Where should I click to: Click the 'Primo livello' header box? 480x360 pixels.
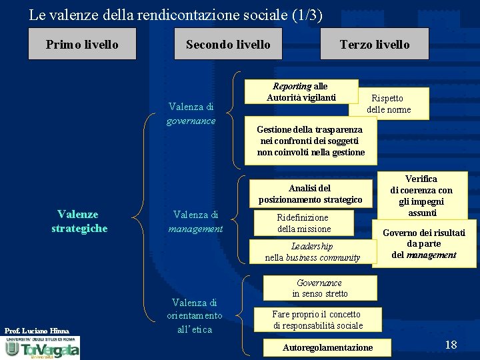(x=82, y=45)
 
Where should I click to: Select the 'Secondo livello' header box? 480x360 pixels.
(x=228, y=45)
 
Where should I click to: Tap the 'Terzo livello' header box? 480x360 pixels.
(x=375, y=45)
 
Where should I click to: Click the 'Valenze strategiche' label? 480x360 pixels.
(x=79, y=221)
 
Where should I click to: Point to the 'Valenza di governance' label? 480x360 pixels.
(x=191, y=113)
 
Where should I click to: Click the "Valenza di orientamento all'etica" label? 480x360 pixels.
(x=195, y=316)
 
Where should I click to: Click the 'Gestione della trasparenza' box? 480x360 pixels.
(x=311, y=141)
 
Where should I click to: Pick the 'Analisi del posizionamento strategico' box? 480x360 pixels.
(x=311, y=194)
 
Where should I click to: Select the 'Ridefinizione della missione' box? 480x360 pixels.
(x=303, y=223)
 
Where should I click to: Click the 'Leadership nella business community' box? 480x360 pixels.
(x=312, y=252)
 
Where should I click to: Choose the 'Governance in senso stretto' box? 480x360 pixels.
(x=320, y=288)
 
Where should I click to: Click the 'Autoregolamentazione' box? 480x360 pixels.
(x=328, y=347)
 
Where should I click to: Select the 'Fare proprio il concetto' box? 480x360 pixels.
(x=318, y=319)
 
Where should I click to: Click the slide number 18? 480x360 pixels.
(x=451, y=345)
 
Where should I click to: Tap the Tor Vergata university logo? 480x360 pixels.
(x=42, y=348)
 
